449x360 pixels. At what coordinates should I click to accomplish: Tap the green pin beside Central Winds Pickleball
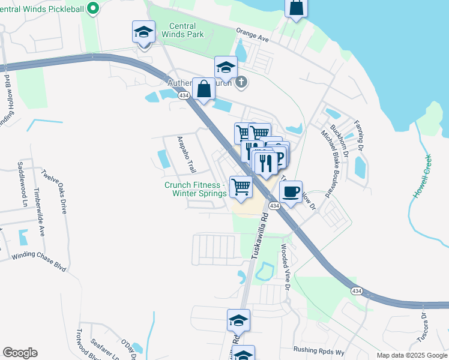click(x=92, y=8)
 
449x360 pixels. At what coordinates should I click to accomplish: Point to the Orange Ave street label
click(x=252, y=36)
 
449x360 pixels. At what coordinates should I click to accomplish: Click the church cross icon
click(x=241, y=82)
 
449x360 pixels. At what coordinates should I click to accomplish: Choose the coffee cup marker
click(x=291, y=192)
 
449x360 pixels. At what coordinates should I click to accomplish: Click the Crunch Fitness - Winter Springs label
click(x=196, y=189)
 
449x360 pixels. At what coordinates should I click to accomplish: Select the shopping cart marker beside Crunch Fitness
click(x=241, y=187)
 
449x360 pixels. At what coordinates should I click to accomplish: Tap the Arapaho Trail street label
click(x=186, y=155)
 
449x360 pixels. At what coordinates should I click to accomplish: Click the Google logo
click(x=20, y=353)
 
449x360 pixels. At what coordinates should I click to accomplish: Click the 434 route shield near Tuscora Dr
click(x=357, y=290)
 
